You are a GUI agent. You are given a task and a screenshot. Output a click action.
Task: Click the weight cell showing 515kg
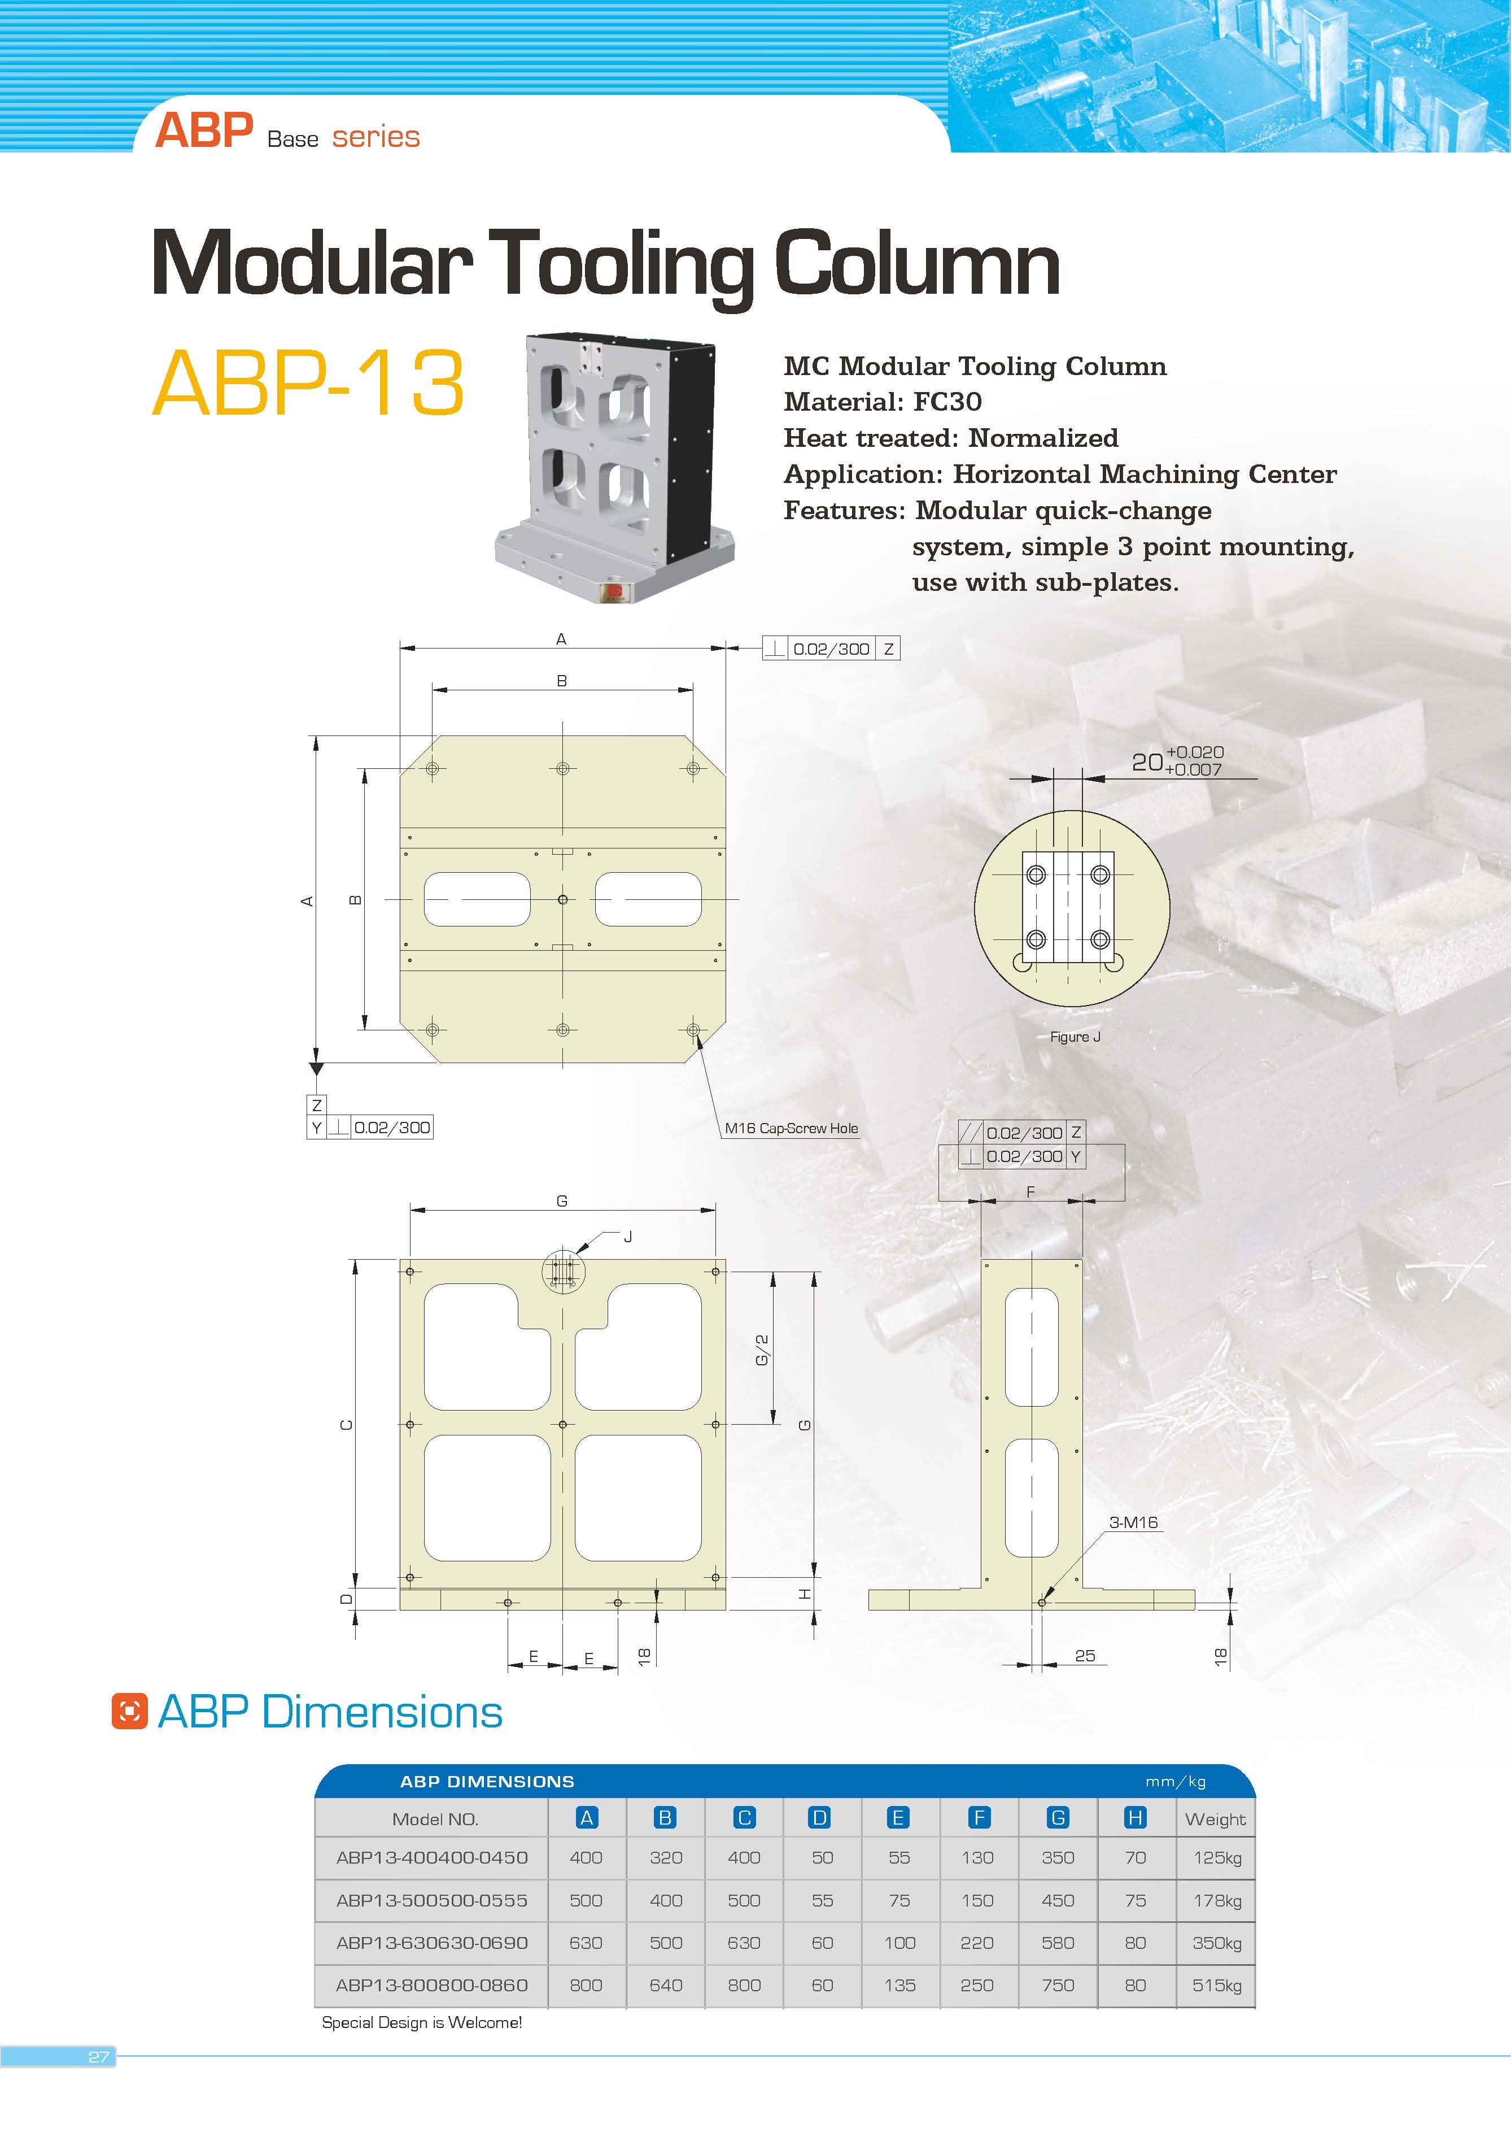coord(1216,1984)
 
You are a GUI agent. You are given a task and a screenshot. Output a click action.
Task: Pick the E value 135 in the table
coord(899,1984)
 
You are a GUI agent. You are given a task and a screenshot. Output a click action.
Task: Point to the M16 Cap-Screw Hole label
coord(791,1128)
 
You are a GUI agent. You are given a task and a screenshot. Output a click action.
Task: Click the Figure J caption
coord(1075,1037)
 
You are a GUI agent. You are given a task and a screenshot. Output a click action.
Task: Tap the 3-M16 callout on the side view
coord(1133,1522)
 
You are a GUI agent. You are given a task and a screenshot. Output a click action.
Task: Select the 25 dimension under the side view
coord(1084,1656)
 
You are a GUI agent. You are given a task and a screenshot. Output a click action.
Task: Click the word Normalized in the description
coord(1043,438)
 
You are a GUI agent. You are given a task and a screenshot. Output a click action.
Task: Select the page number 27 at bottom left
coord(98,2056)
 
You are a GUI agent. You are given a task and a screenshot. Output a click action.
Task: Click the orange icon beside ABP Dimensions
coord(129,1711)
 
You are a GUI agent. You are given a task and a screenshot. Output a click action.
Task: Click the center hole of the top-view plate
coord(562,900)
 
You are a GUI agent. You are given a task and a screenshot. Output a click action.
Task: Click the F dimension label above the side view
coord(1030,1192)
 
